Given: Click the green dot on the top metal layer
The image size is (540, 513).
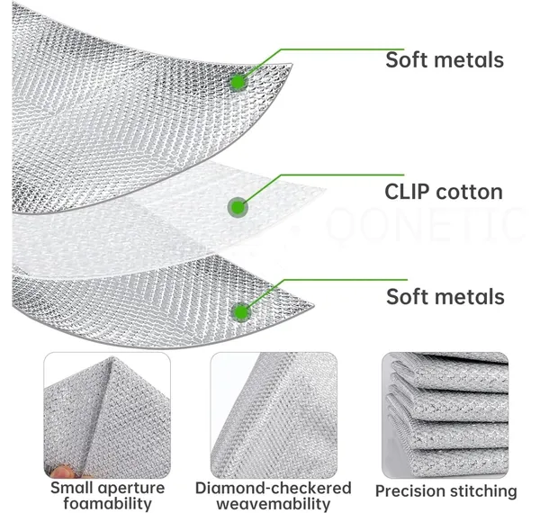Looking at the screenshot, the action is point(238,82).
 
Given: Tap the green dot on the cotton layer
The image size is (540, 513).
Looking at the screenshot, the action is point(238,208).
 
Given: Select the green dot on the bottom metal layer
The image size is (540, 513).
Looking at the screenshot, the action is point(241,312).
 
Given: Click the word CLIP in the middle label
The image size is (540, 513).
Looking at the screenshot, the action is point(407,192).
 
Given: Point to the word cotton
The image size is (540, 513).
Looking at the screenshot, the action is point(469,193).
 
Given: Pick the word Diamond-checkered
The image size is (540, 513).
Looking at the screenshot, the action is point(274,488).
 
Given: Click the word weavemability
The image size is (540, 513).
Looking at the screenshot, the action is point(274,504).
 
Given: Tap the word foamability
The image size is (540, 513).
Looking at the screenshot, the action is point(107,503).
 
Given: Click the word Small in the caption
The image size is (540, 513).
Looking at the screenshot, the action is point(72,488).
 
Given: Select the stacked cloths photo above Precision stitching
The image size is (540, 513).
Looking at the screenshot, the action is point(445,415).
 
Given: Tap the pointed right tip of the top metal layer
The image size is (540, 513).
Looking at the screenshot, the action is point(292,64).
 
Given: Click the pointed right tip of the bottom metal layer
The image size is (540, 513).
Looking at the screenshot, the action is point(313,305).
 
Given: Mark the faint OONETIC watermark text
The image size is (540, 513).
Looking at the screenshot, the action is point(426,223).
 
